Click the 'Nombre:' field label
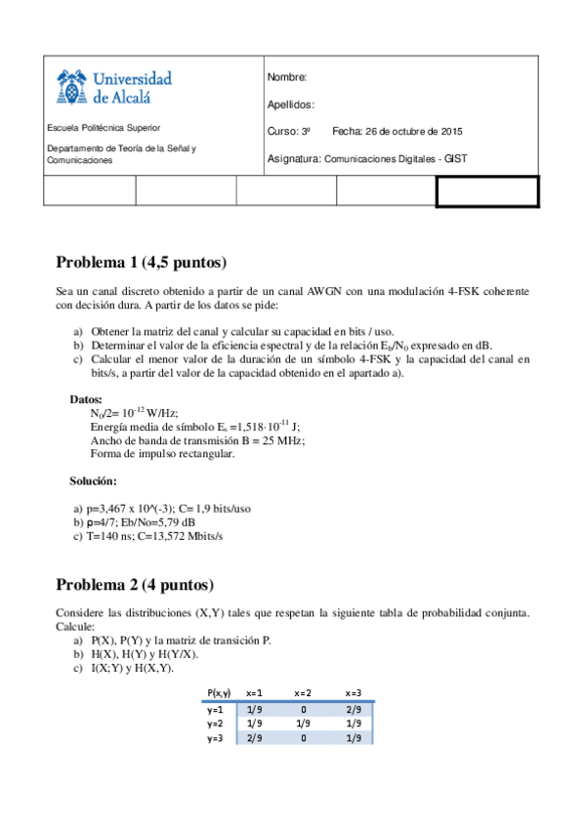coord(286,77)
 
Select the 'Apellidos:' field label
coord(290,104)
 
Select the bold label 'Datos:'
coord(86,399)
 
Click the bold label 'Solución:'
coord(93,480)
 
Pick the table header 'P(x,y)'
coord(219,692)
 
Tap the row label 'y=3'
coord(216,739)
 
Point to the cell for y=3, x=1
coord(255,739)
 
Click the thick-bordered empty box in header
coord(486,191)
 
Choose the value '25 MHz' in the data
coord(283,440)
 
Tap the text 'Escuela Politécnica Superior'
coord(104,128)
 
